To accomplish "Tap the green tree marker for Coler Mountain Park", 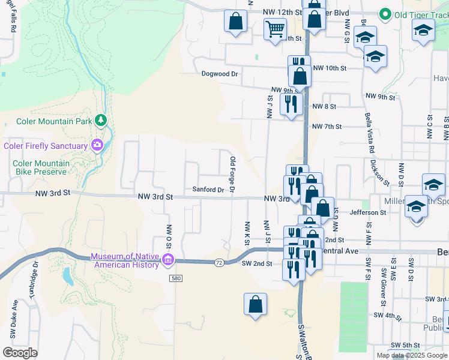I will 101,121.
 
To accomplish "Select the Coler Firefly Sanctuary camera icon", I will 96,145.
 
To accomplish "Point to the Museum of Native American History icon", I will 168,260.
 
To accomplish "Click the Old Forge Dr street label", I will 232,175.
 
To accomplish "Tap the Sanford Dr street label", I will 208,190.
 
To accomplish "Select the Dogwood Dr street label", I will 220,74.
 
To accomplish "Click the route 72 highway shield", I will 219,262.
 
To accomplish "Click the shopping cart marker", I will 275,28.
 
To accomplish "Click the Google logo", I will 20,353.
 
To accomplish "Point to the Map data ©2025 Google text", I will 411,355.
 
